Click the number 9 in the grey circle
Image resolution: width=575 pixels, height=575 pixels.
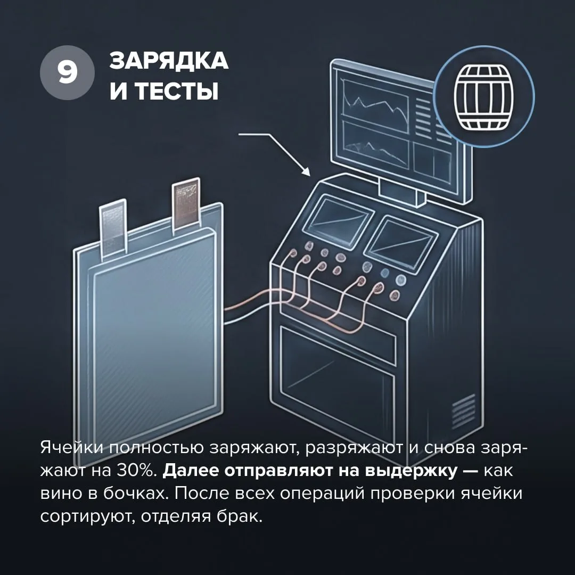(x=67, y=72)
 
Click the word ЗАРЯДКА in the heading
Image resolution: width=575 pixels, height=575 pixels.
(x=169, y=61)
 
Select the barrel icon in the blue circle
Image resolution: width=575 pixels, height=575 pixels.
(x=483, y=97)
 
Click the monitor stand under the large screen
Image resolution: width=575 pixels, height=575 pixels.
(x=401, y=191)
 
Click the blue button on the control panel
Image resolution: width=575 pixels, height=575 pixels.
(x=385, y=273)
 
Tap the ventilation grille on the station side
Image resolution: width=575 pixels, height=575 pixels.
(x=464, y=410)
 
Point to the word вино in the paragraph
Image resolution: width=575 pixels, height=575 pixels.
(x=61, y=494)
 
